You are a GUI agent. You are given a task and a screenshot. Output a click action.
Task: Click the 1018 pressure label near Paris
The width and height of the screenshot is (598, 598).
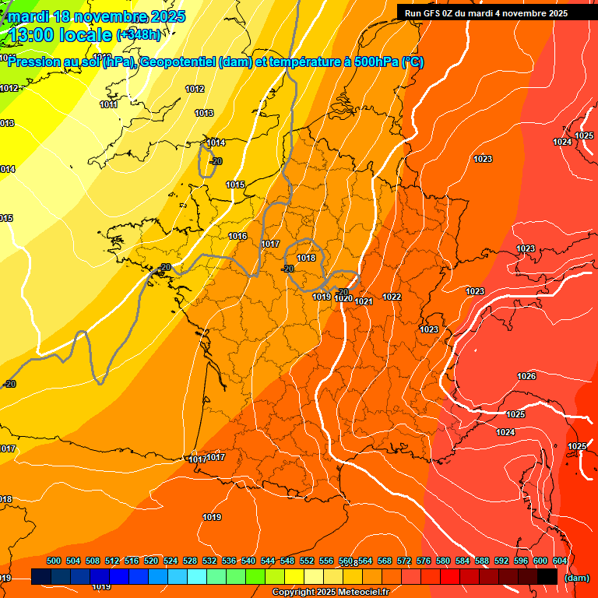tap(306, 258)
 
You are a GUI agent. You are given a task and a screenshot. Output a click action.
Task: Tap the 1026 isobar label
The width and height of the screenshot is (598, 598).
tap(526, 376)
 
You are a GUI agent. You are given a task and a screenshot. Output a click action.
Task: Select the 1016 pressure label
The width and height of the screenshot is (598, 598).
tap(237, 236)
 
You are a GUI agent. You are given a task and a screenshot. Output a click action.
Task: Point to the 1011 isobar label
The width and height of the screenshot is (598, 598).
tap(109, 104)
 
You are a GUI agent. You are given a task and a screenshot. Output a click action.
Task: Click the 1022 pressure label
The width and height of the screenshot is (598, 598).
tap(392, 297)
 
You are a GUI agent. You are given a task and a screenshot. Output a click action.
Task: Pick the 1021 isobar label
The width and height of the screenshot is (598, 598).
tap(364, 301)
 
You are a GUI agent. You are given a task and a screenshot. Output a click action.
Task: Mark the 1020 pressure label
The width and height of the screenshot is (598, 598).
tap(343, 299)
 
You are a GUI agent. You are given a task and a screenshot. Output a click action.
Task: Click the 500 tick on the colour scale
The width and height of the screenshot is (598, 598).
tap(54, 561)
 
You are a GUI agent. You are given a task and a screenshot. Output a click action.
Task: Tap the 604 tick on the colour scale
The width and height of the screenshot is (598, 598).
tap(559, 561)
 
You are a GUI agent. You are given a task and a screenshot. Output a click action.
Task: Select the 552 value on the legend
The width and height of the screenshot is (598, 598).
tap(307, 561)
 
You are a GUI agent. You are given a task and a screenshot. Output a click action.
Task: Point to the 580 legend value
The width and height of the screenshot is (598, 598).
tap(443, 561)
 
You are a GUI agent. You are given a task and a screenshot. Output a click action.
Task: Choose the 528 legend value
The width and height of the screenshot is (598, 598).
tap(190, 561)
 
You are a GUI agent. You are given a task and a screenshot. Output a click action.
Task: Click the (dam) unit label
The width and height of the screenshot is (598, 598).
tap(576, 578)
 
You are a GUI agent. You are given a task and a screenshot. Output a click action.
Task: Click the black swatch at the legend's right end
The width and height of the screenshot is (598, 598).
tap(547, 577)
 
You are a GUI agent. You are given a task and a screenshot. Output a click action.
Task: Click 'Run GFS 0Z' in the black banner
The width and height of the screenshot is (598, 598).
tap(431, 13)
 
